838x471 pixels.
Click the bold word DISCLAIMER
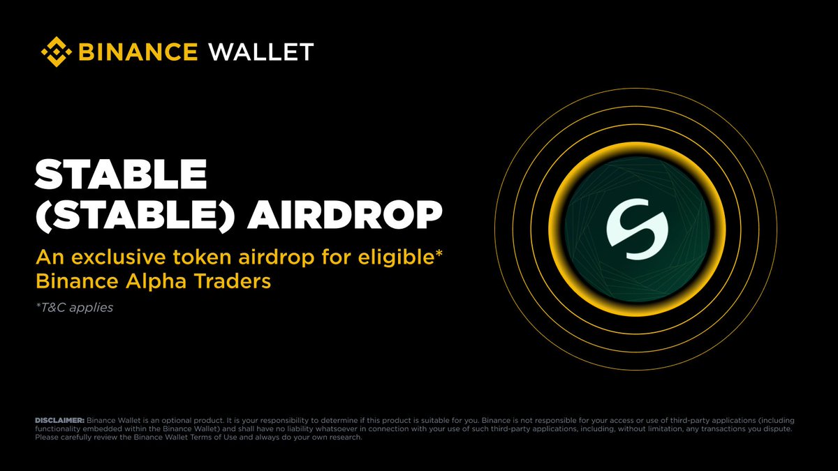coord(59,420)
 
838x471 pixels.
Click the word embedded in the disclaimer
coord(94,428)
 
